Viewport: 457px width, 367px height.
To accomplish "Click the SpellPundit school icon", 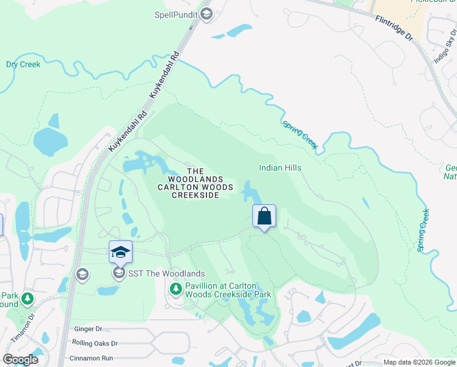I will [x=207, y=14].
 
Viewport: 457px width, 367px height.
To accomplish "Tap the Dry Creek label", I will [x=23, y=64].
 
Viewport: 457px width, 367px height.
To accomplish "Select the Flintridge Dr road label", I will [x=395, y=29].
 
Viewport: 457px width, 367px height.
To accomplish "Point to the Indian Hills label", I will [x=280, y=168].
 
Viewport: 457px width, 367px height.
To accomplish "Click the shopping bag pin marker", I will [x=264, y=217].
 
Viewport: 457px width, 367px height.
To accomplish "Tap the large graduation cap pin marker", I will [x=120, y=252].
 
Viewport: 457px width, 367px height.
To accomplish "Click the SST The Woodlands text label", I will [x=166, y=273].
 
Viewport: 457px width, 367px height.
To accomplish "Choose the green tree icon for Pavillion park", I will [x=176, y=288].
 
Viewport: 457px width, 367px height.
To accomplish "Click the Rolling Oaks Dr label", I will [x=94, y=344].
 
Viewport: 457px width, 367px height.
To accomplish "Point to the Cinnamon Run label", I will [x=91, y=358].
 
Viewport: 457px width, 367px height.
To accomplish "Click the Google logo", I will [x=21, y=360].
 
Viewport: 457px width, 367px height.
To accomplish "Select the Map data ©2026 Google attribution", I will [x=419, y=362].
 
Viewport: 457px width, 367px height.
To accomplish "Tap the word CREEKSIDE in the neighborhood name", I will [x=194, y=195].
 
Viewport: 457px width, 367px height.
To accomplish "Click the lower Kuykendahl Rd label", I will [x=128, y=131].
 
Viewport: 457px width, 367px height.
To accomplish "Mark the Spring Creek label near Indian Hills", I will [x=300, y=134].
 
